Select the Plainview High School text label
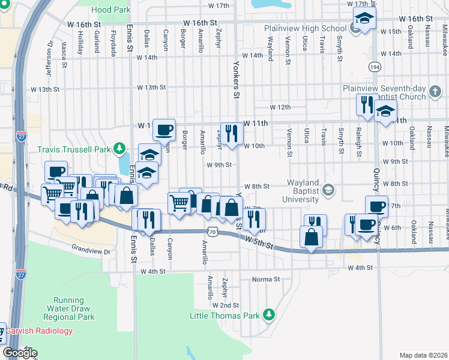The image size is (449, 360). tap(306, 28)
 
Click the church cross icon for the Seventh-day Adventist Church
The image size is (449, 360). tap(435, 92)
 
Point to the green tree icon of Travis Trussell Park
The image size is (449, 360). tap(119, 148)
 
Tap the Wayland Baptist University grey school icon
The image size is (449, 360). tap(328, 191)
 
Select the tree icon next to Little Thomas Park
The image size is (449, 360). tap(270, 314)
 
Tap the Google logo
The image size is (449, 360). tap(19, 352)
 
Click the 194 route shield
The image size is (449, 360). tap(374, 67)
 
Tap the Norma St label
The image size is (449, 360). tap(266, 279)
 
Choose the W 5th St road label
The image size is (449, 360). tap(260, 244)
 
